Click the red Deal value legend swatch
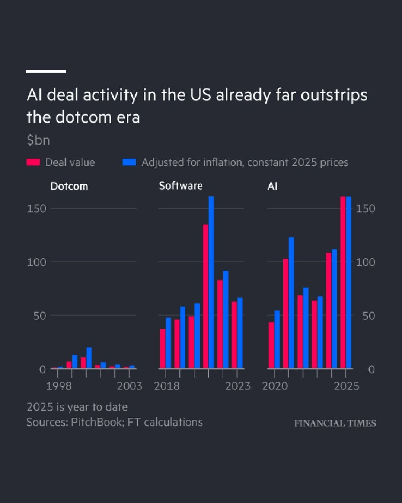click(x=33, y=162)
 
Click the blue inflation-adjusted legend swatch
click(x=129, y=162)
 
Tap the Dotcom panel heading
click(x=69, y=186)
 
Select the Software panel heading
click(x=181, y=186)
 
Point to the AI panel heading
click(x=272, y=186)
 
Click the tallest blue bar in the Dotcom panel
click(x=89, y=358)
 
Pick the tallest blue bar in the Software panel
click(x=211, y=282)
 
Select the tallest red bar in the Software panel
click(x=205, y=296)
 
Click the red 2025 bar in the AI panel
click(x=343, y=282)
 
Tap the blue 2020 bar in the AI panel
click(x=277, y=339)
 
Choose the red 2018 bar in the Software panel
click(x=163, y=349)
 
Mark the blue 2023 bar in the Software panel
click(x=240, y=333)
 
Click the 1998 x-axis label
click(x=58, y=386)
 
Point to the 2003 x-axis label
click(x=130, y=386)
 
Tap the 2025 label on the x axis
click(x=346, y=386)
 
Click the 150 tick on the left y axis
click(x=36, y=209)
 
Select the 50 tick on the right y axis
click(x=368, y=316)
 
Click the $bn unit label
click(x=38, y=140)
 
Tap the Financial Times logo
click(x=335, y=423)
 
